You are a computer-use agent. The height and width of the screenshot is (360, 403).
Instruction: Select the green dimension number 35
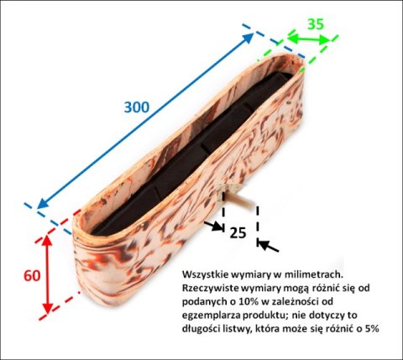click(315, 24)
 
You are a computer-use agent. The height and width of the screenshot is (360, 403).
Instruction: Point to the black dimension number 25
click(238, 232)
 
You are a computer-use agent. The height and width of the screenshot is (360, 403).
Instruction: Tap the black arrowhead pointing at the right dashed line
click(266, 246)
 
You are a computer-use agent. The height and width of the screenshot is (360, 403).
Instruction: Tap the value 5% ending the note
click(371, 330)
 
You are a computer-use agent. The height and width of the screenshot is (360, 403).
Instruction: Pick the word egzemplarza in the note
click(207, 316)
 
